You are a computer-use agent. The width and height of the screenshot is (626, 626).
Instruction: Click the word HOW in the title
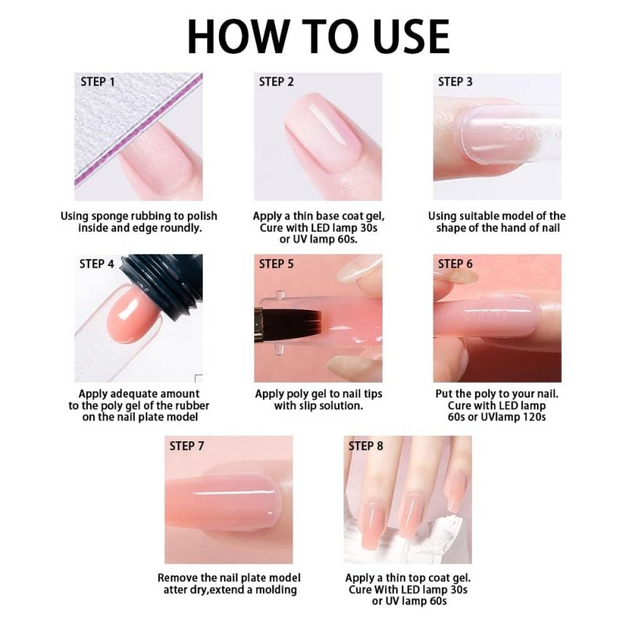click(228, 35)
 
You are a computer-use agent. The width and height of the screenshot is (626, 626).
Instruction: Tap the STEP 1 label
click(98, 81)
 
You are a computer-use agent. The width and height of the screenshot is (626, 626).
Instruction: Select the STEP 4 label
click(97, 264)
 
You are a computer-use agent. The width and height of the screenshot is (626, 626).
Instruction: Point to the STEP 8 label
click(365, 445)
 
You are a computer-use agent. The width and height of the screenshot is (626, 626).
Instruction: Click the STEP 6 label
click(455, 264)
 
